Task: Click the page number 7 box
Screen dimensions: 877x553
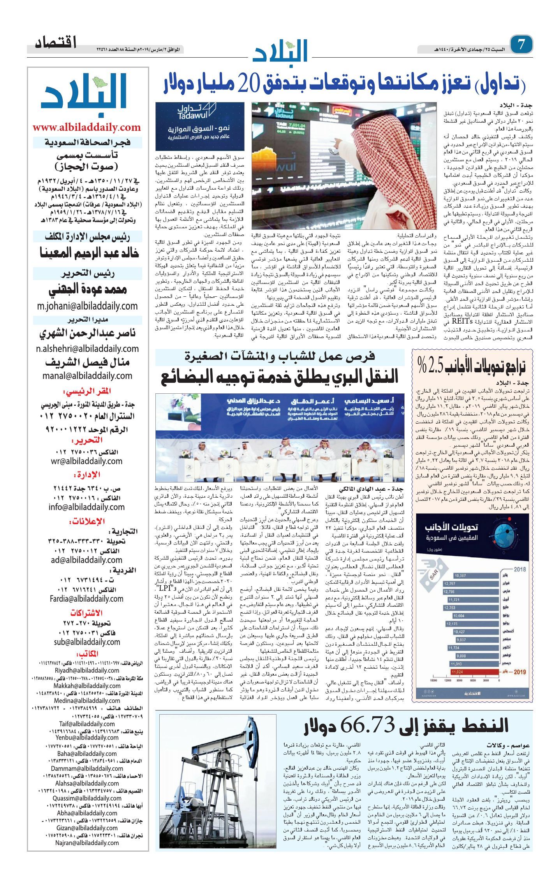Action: tap(521, 44)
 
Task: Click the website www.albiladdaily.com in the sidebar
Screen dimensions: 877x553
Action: tap(86, 128)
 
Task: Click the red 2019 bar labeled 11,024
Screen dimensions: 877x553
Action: tap(464, 672)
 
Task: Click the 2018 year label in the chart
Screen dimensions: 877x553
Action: tap(519, 569)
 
